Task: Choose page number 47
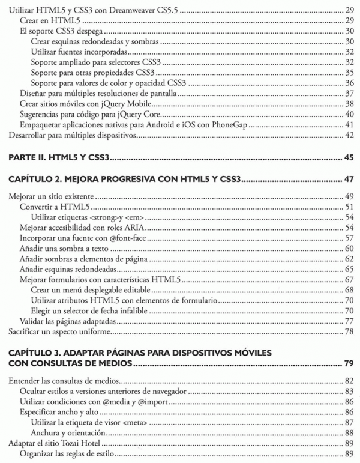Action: (x=349, y=180)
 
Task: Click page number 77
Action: (x=349, y=322)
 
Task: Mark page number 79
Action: (x=349, y=363)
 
